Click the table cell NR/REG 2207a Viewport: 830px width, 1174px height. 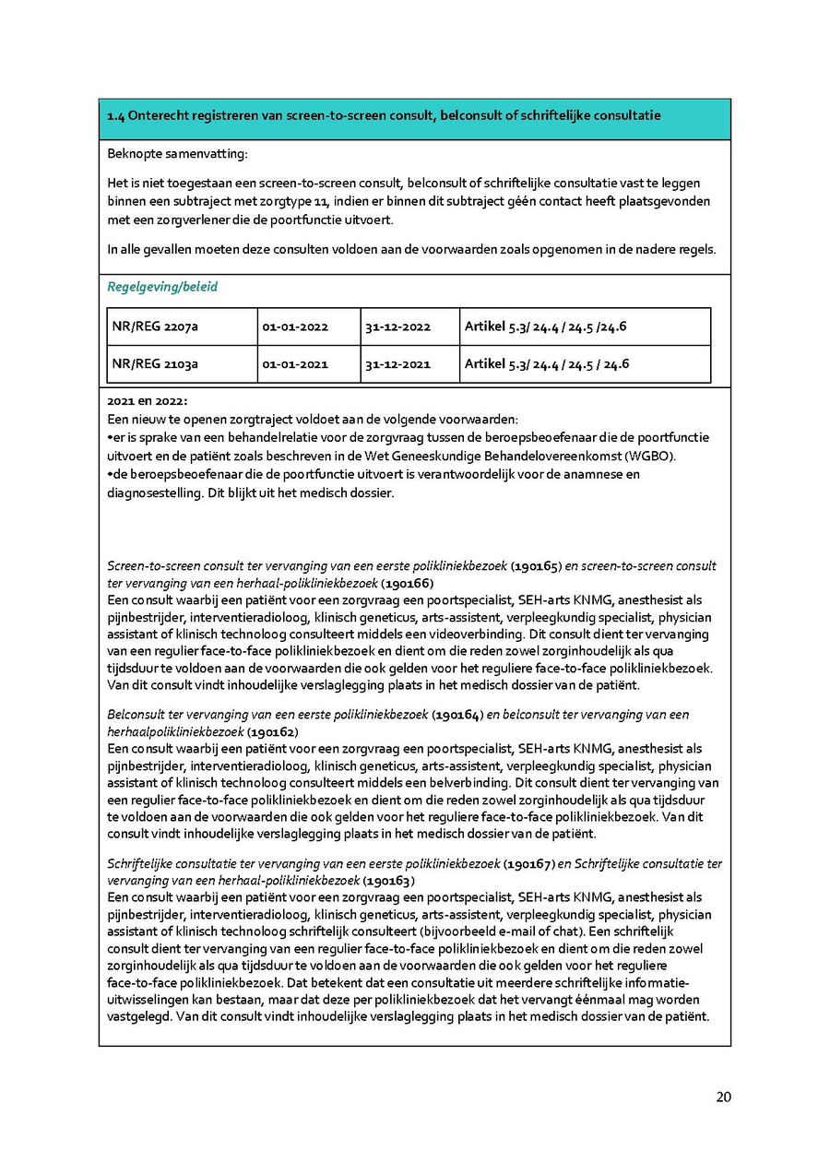[x=155, y=326]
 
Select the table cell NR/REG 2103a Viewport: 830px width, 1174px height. [x=155, y=364]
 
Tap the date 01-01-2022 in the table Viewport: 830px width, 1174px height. [x=295, y=326]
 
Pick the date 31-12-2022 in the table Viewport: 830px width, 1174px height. [x=397, y=326]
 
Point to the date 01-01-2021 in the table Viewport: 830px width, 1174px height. [x=295, y=364]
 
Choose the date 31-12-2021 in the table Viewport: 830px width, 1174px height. [x=397, y=364]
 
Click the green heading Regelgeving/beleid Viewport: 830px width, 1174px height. [x=162, y=287]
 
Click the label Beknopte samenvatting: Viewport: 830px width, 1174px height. [x=177, y=153]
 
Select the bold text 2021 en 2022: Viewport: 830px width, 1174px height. [x=148, y=401]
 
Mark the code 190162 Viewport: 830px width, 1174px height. [x=272, y=732]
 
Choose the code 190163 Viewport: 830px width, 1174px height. [x=388, y=881]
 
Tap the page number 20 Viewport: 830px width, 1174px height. [x=723, y=1097]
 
